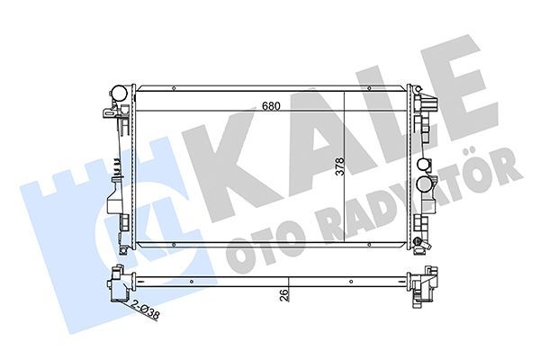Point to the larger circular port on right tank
[x=426, y=166]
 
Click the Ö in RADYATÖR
[x=487, y=171]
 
